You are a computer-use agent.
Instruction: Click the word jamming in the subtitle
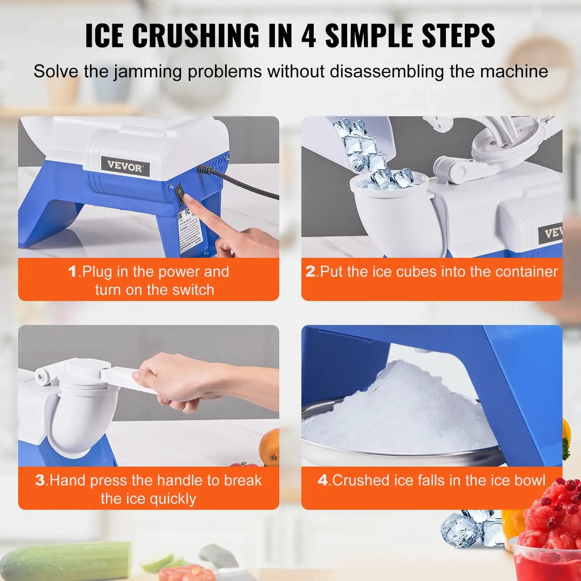(149, 72)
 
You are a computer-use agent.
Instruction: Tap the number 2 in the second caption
(310, 272)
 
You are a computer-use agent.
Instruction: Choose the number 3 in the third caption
(40, 481)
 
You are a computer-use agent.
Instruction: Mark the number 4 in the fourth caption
(322, 481)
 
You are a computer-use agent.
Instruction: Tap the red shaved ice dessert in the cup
(552, 513)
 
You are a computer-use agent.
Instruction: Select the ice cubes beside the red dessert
(472, 528)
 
